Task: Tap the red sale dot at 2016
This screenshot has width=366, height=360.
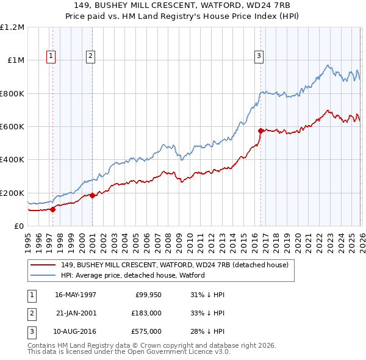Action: click(260, 131)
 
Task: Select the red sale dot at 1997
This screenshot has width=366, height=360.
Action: click(52, 209)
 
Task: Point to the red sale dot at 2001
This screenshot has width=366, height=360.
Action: click(92, 196)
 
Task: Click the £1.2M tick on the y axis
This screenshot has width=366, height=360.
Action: click(12, 27)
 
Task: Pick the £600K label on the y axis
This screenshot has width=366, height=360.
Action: click(12, 127)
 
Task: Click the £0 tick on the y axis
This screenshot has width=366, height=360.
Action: click(18, 226)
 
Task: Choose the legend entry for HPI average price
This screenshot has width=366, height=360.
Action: click(132, 275)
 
